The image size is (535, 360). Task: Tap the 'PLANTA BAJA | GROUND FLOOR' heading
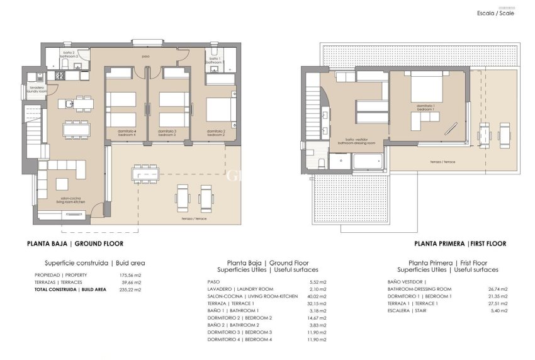click(x=75, y=244)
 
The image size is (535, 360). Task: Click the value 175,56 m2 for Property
click(x=130, y=276)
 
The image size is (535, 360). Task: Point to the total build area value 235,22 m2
click(x=130, y=290)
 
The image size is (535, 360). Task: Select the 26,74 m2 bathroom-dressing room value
click(x=497, y=289)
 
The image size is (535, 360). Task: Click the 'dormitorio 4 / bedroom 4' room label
click(x=126, y=133)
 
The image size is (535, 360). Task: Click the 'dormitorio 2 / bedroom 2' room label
click(x=216, y=133)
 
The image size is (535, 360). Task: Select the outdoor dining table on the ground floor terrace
click(x=145, y=173)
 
